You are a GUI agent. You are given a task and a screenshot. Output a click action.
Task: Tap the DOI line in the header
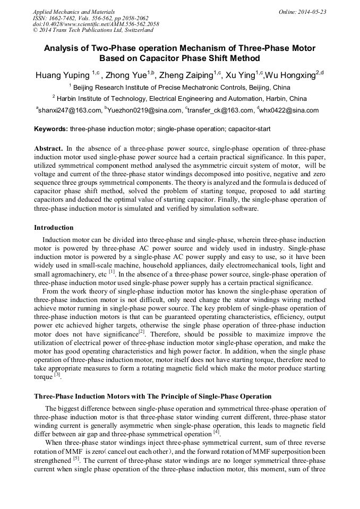pyautogui.click(x=96, y=24)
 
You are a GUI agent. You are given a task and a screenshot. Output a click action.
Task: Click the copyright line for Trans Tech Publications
pyautogui.click(x=93, y=31)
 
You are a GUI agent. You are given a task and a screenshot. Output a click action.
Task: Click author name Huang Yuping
pyautogui.click(x=63, y=75)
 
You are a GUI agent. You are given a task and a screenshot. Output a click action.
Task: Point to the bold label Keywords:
pyautogui.click(x=51, y=129)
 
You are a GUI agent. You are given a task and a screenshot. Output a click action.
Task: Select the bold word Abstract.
pyautogui.click(x=48, y=149)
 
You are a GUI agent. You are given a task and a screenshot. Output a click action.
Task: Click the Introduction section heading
pyautogui.click(x=54, y=228)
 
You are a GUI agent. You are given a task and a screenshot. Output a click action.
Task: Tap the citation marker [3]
pyautogui.click(x=57, y=375)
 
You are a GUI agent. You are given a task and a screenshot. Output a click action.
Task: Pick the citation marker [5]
pyautogui.click(x=76, y=458)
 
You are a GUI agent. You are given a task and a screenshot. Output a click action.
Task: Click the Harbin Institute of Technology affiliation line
pyautogui.click(x=179, y=99)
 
